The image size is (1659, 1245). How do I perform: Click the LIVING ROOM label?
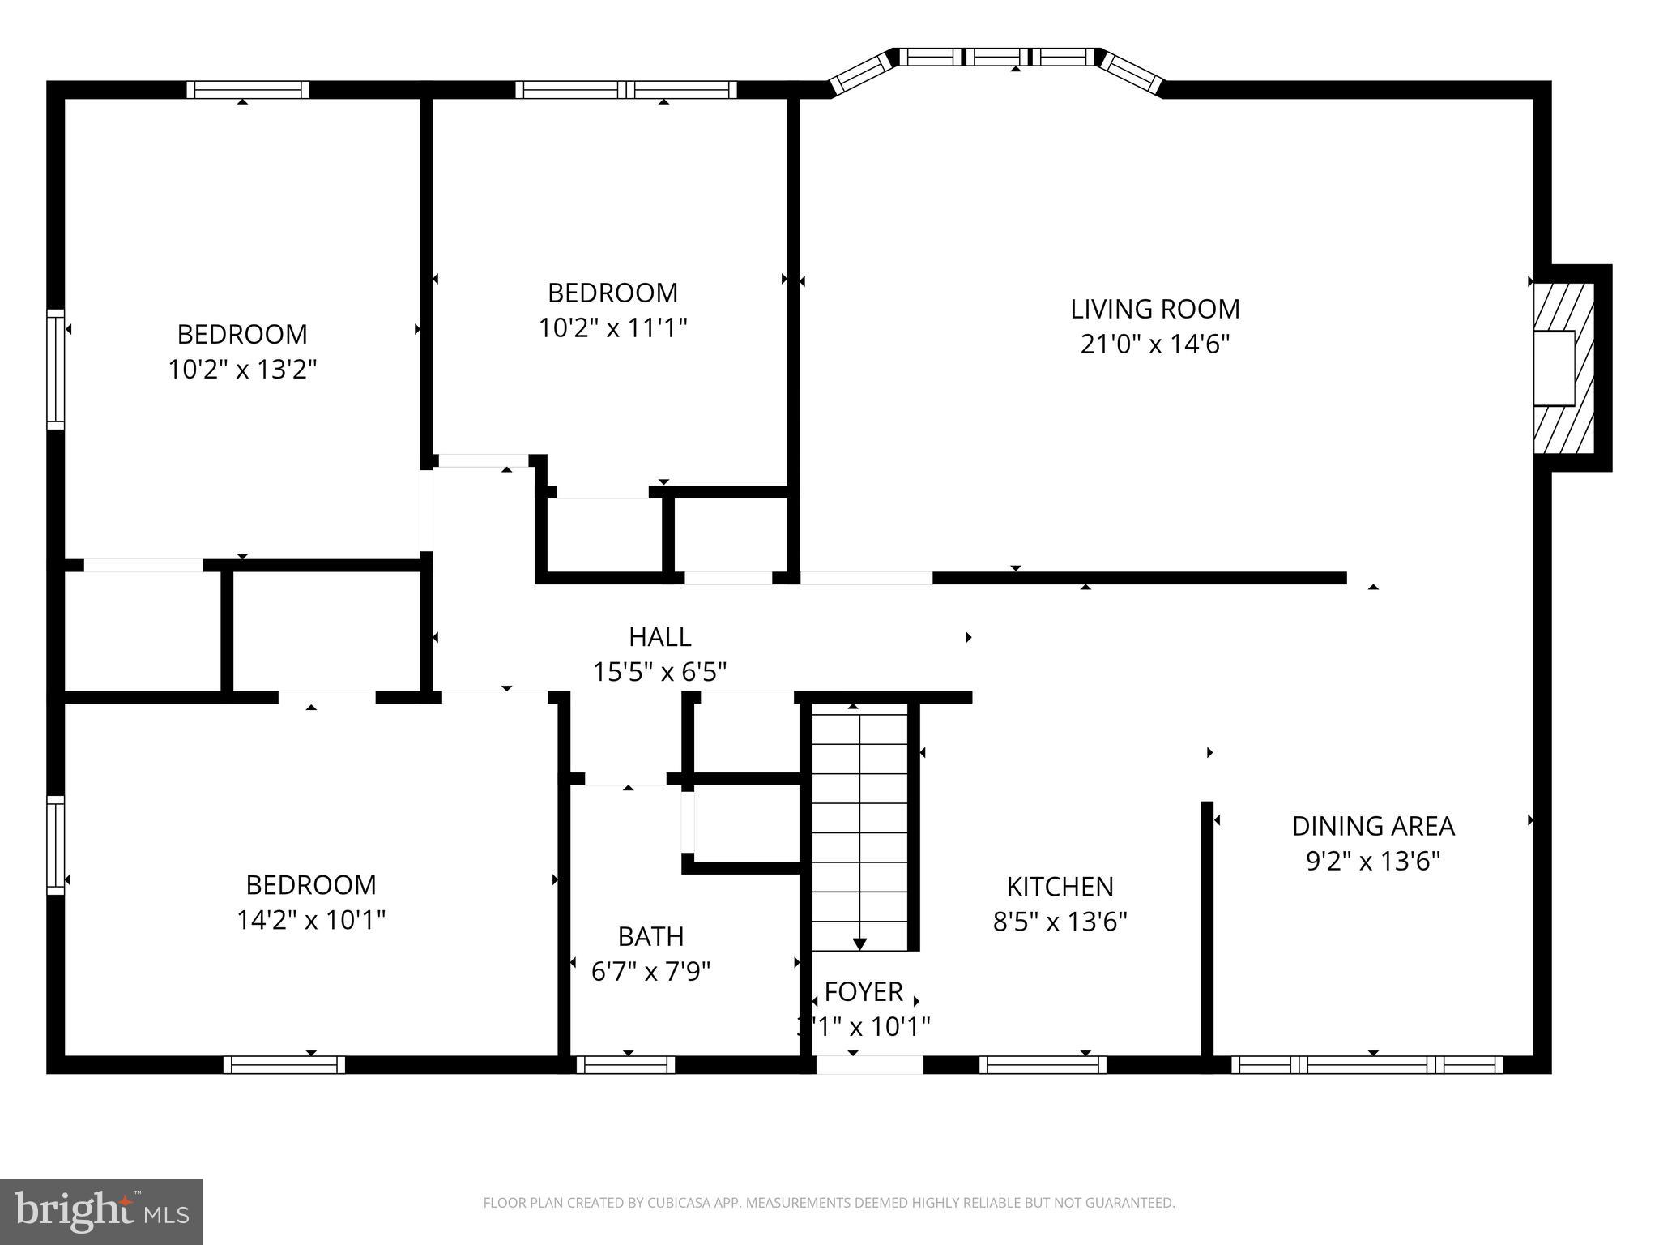[x=1154, y=309]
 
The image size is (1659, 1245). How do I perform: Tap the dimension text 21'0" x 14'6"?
[x=1154, y=344]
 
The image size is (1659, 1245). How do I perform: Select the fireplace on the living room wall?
[x=1563, y=368]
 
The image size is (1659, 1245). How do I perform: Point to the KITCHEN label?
[x=1060, y=887]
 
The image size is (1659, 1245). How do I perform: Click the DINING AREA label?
[x=1372, y=826]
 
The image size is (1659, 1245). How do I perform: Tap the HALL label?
[x=659, y=637]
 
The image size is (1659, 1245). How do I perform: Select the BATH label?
[x=650, y=936]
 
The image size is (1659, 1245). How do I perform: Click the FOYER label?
[x=864, y=991]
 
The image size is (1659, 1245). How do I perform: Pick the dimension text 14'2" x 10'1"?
[x=310, y=920]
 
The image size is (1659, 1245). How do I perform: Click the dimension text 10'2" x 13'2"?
[x=241, y=370]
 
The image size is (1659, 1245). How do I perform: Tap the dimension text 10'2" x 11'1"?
[x=612, y=328]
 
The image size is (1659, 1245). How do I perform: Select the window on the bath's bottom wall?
[x=625, y=1064]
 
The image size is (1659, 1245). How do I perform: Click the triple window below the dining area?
[x=1367, y=1064]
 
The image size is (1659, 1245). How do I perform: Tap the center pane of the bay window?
[x=996, y=57]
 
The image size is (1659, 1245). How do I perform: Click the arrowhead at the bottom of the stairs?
[x=859, y=943]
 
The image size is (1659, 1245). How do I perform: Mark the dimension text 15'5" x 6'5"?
[x=659, y=672]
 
